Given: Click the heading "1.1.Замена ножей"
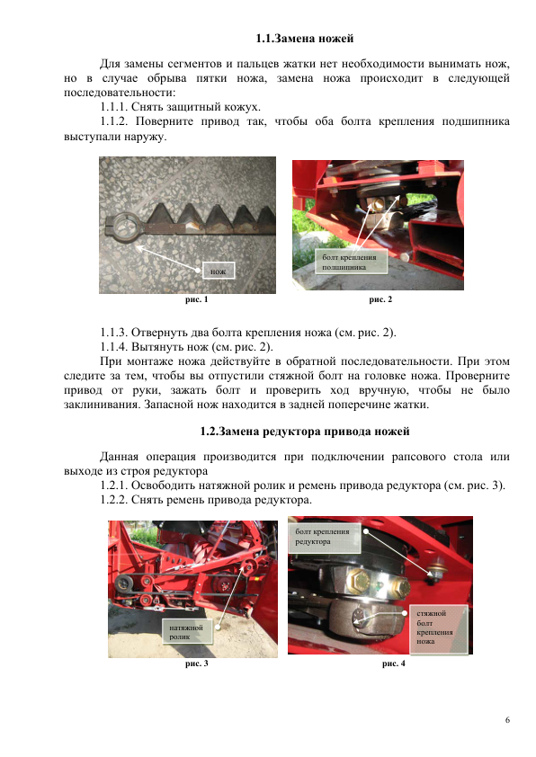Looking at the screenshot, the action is pos(305,39).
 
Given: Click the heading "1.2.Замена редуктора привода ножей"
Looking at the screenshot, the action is pos(305,432).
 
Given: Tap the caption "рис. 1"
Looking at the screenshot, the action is pos(197,299).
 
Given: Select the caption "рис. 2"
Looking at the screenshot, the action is pos(380,299).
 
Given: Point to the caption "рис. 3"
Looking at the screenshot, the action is pos(197,663).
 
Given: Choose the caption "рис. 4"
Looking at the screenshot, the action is pos(394,663).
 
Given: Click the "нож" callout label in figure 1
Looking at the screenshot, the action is pos(219,272).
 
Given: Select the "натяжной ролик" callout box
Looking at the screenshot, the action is pos(187,632).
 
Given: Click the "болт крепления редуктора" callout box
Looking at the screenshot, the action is pos(325,538).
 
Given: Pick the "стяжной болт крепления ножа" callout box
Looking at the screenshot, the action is pos(439,628).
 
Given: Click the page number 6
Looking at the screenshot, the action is pos(507,720).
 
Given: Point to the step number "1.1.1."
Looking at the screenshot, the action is pos(114,107).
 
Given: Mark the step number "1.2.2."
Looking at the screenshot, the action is pos(114,500).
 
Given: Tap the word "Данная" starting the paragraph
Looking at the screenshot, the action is pos(119,457).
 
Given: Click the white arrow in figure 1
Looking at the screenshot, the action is pos(168,259).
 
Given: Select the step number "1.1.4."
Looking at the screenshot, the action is pos(114,347).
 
